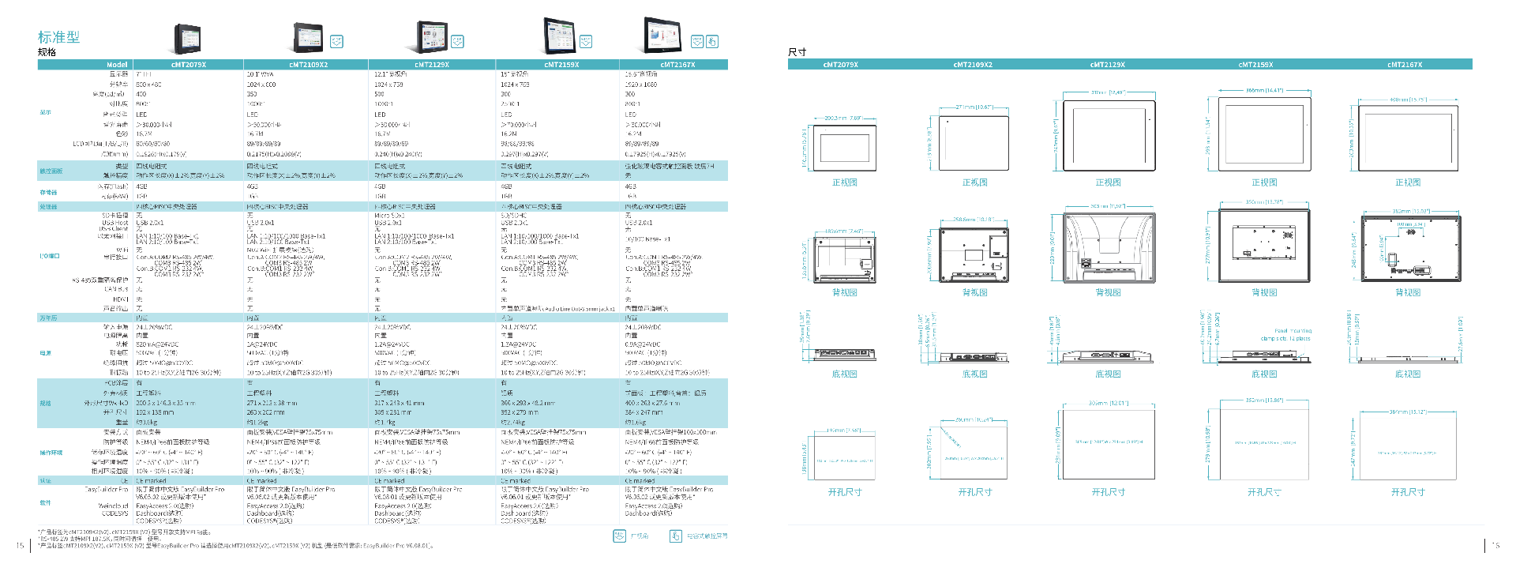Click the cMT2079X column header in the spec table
click(x=188, y=65)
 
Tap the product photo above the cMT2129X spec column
click(x=432, y=37)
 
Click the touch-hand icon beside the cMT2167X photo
click(x=711, y=41)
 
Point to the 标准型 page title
click(x=58, y=37)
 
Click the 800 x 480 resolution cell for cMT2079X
click(x=149, y=85)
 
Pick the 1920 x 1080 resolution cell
click(x=641, y=85)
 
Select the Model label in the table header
click(x=117, y=65)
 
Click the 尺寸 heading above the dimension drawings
click(x=797, y=52)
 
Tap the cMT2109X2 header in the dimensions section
click(x=973, y=65)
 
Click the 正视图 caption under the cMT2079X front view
click(x=844, y=182)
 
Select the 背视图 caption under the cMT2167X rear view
click(x=1408, y=292)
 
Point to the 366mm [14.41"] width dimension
click(x=1264, y=91)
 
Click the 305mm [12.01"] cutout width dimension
click(x=1108, y=404)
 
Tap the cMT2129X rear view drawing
click(x=1109, y=249)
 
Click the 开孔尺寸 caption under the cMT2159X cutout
click(x=1263, y=492)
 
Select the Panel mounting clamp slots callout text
click(x=1285, y=335)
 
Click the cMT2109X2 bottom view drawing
click(x=974, y=357)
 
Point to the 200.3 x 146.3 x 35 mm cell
click(x=165, y=403)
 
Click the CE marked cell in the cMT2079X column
click(x=151, y=480)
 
